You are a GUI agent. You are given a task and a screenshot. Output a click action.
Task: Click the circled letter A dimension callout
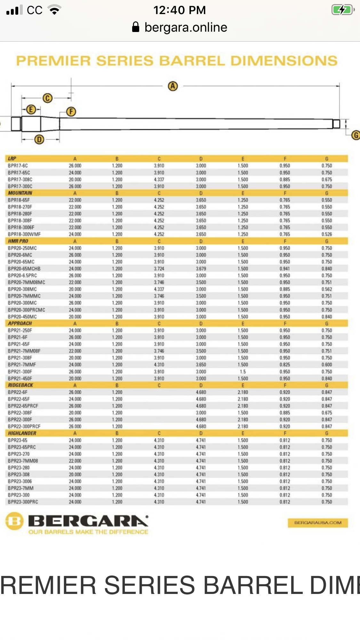[173, 86]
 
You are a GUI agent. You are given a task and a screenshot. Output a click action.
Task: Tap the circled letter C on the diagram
[47, 98]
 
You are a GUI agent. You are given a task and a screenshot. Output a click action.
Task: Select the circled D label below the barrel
[39, 139]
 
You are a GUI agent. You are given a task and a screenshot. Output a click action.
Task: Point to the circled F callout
[71, 112]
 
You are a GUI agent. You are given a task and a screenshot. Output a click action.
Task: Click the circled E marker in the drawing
[31, 110]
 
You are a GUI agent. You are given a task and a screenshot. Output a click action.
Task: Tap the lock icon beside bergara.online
[136, 27]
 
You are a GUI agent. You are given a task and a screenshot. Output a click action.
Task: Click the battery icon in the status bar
[343, 10]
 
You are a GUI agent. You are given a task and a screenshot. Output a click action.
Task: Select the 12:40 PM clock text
[180, 10]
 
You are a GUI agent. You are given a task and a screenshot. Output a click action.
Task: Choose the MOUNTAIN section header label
[20, 193]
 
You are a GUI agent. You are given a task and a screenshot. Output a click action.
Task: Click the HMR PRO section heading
[18, 241]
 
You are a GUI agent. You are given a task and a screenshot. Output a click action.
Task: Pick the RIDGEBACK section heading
[20, 385]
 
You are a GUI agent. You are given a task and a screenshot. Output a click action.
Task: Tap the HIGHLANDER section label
[22, 433]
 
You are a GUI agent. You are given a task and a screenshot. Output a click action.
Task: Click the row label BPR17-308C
[20, 179]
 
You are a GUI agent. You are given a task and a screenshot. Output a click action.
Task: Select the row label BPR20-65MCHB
[24, 269]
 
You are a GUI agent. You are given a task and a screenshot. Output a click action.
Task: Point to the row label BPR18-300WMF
[24, 234]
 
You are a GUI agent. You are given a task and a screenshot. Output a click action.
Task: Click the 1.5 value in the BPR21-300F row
[243, 372]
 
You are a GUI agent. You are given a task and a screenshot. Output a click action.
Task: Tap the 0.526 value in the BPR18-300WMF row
[327, 234]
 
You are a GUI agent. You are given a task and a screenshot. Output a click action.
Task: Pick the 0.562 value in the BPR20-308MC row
[327, 289]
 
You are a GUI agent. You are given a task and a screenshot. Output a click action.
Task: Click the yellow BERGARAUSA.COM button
[318, 523]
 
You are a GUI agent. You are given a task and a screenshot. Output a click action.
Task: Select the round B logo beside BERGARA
[15, 521]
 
